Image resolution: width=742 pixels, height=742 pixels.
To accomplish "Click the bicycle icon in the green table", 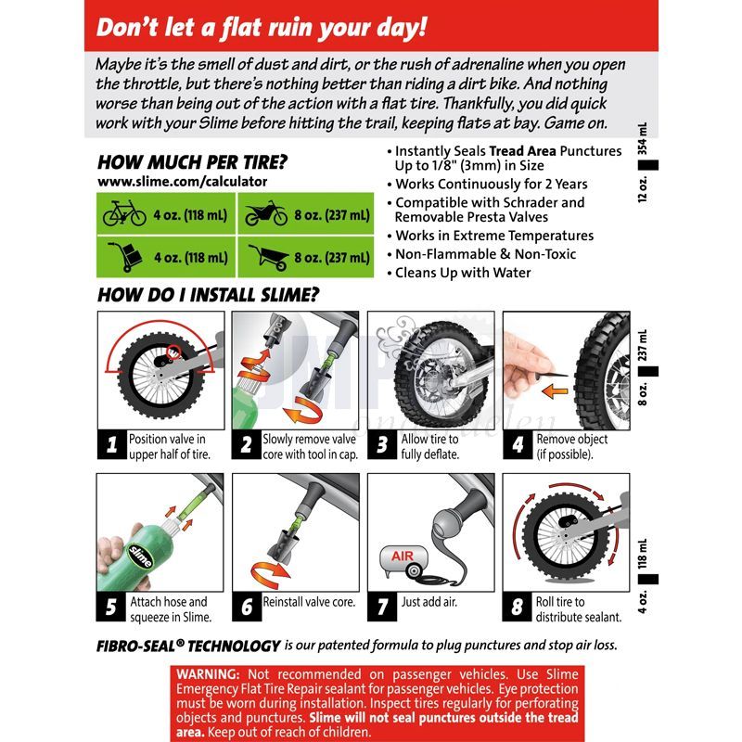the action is coord(124,213).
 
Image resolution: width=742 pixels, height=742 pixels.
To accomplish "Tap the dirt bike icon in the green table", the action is coord(266,213).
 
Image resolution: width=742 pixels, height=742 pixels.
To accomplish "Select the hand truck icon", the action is coord(125,257).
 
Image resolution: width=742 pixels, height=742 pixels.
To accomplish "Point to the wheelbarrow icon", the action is coord(269,258).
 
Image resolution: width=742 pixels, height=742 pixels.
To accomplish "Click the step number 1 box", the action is coord(111,444).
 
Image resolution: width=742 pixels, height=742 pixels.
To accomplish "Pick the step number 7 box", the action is coord(382,607).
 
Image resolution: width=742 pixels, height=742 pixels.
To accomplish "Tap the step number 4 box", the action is coord(518,444).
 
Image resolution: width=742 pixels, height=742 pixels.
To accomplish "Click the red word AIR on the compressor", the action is coord(403,556).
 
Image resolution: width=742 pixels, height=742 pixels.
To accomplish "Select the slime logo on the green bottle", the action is coord(141,556).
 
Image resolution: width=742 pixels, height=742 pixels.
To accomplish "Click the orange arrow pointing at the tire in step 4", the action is coord(555,390).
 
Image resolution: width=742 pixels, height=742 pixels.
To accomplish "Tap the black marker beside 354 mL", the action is coord(647,165).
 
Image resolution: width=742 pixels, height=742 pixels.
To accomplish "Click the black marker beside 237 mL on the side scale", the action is coord(647,372).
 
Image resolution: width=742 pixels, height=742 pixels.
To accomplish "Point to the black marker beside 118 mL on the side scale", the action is coord(647,579).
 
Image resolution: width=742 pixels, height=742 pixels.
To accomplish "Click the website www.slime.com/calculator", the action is coord(182,182).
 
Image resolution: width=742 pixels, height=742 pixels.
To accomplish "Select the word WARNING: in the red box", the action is coord(208,674).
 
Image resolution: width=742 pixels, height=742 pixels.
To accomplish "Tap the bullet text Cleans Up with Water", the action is coord(463,273).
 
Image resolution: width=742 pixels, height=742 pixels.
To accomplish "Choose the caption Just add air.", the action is coord(429,602).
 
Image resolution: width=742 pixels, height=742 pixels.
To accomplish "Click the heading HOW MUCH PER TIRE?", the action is coord(192,162).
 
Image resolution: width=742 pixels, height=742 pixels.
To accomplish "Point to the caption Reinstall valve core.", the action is coord(309,602).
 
